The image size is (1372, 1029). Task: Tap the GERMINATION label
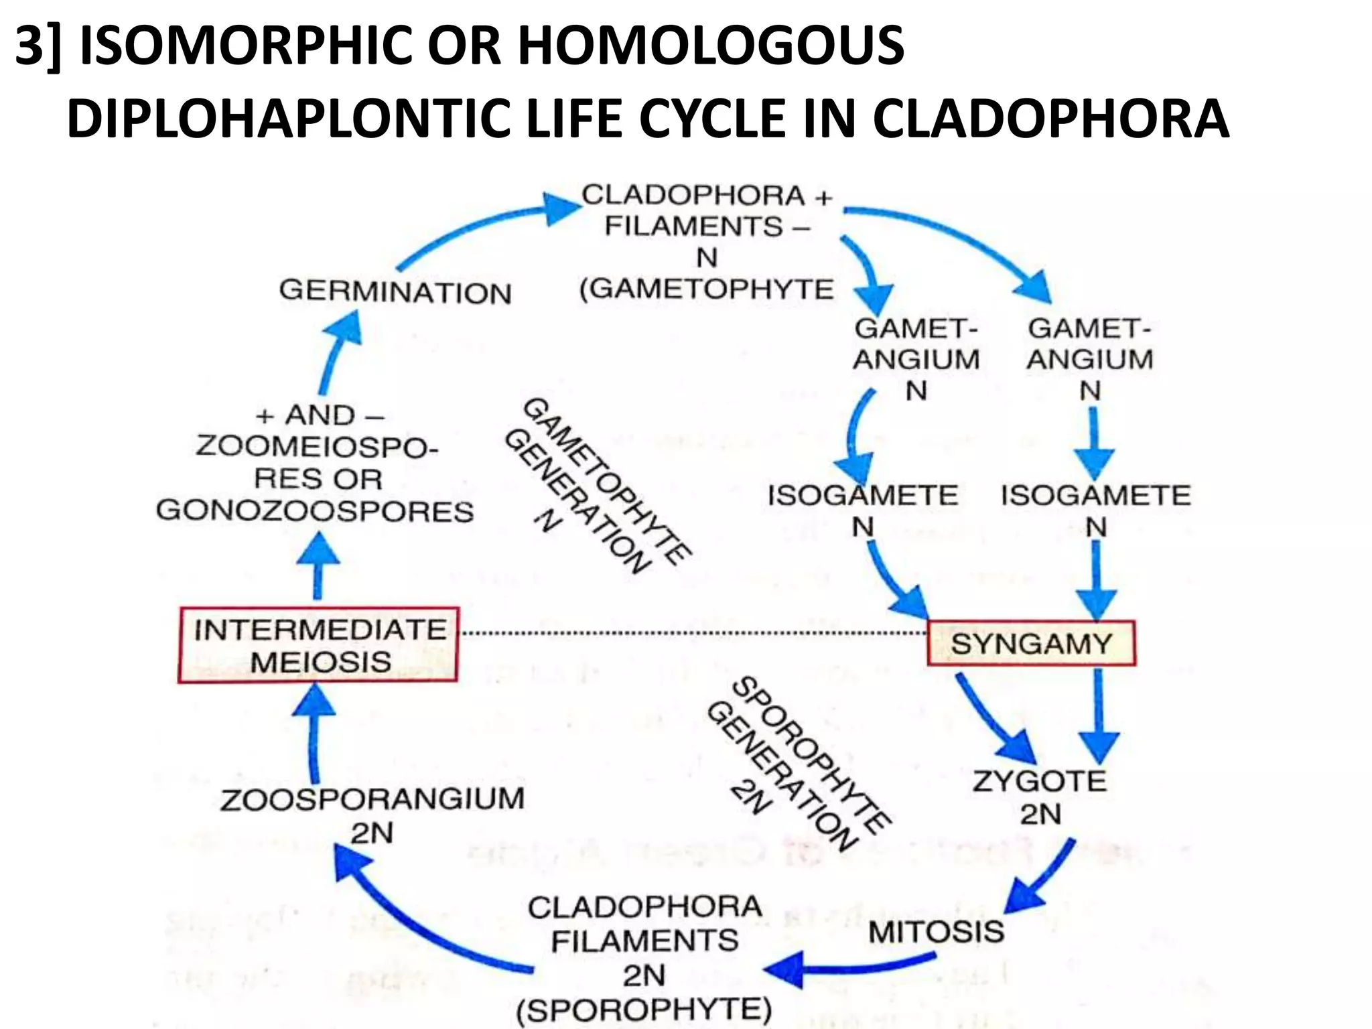click(395, 293)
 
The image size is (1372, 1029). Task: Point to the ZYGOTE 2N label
click(1040, 797)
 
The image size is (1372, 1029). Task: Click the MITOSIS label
click(937, 931)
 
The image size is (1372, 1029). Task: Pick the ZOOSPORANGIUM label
click(372, 799)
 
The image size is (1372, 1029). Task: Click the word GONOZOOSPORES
click(315, 511)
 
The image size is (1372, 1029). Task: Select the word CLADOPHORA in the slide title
click(1050, 119)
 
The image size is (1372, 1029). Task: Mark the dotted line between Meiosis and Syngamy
click(693, 632)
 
